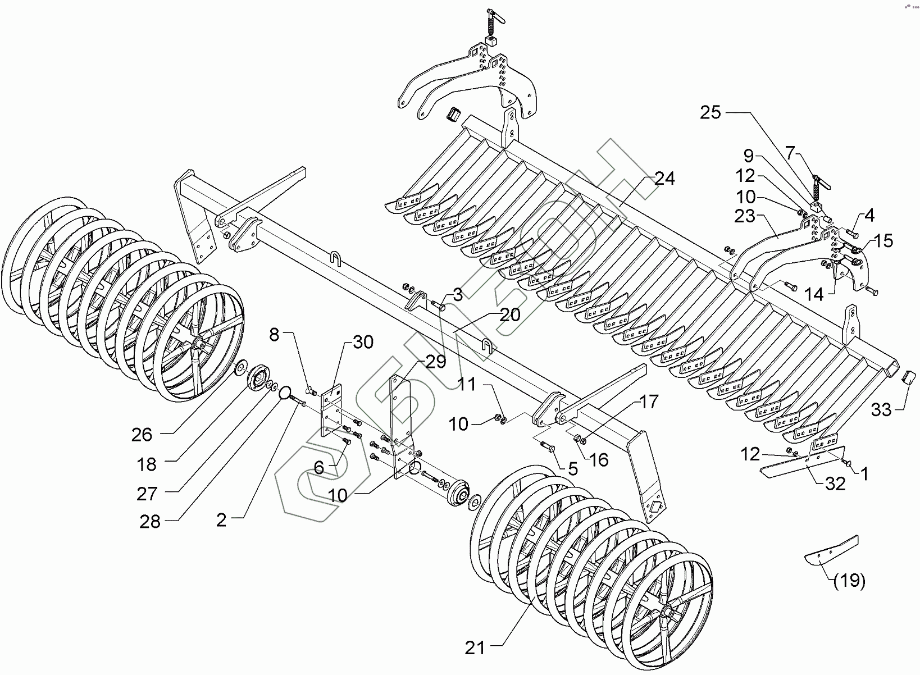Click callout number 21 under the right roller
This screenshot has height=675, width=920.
474,649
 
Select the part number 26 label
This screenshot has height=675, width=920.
142,434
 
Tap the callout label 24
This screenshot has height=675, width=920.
664,179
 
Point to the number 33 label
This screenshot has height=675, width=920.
881,411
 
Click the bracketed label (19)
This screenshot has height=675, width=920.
849,581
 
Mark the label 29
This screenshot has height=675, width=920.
436,361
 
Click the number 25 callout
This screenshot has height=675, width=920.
711,112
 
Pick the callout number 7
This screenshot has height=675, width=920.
790,152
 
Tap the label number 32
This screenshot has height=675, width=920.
835,484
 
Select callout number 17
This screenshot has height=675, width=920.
648,402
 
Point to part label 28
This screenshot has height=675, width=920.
150,522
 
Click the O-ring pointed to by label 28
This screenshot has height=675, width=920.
285,392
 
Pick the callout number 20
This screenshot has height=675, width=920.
509,315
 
